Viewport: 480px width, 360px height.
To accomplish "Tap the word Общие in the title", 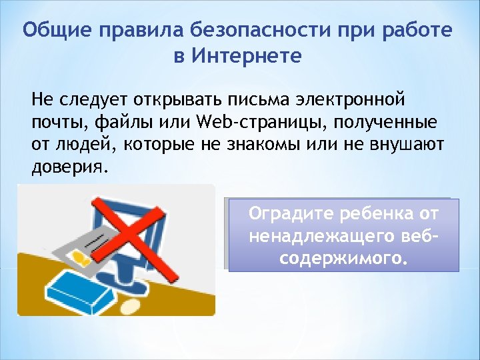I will (57, 30).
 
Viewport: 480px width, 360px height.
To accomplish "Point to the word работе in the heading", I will (415, 30).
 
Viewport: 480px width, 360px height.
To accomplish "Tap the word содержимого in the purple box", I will (343, 257).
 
